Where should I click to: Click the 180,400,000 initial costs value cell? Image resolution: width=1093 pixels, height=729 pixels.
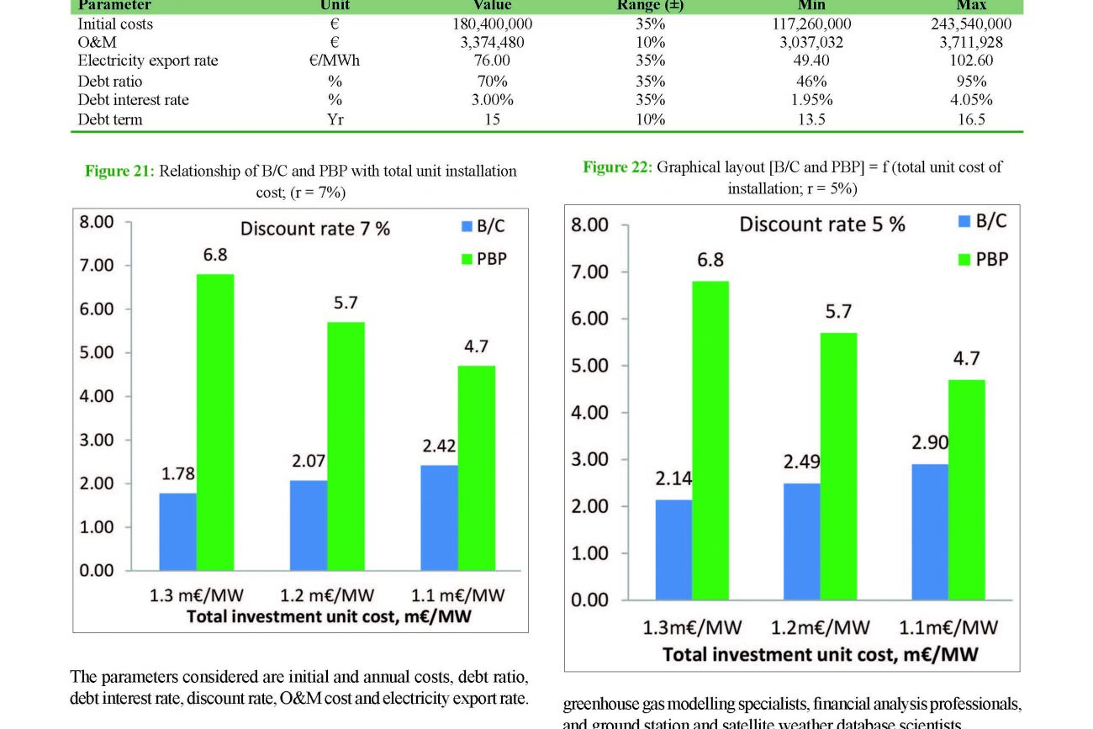click(492, 24)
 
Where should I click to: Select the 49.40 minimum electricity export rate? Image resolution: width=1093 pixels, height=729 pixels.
click(811, 61)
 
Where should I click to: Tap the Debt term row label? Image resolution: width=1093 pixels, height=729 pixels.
click(110, 119)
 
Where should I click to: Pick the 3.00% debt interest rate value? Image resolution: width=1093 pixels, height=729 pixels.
click(492, 100)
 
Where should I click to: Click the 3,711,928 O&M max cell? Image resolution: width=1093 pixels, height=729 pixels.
click(971, 42)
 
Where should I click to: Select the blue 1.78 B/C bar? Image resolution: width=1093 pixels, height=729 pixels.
click(177, 531)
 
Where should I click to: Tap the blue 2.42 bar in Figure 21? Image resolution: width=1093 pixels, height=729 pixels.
click(440, 517)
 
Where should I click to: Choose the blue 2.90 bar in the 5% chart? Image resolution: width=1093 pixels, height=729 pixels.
click(930, 531)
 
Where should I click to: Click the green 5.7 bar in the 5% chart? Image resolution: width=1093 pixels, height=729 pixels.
click(838, 466)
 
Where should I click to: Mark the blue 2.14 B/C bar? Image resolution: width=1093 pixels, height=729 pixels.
click(674, 549)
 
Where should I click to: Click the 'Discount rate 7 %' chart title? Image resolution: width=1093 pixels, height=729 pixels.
click(315, 229)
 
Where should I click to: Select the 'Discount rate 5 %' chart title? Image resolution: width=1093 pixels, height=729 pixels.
click(822, 225)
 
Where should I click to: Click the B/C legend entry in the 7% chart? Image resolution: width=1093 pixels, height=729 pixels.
click(483, 226)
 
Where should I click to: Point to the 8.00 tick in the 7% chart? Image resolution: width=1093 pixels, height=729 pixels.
click(96, 222)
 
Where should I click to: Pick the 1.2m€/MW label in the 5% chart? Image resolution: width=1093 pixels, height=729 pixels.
click(821, 627)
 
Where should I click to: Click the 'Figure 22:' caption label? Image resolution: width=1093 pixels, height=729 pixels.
click(617, 167)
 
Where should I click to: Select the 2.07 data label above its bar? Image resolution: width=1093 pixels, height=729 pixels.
click(309, 461)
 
